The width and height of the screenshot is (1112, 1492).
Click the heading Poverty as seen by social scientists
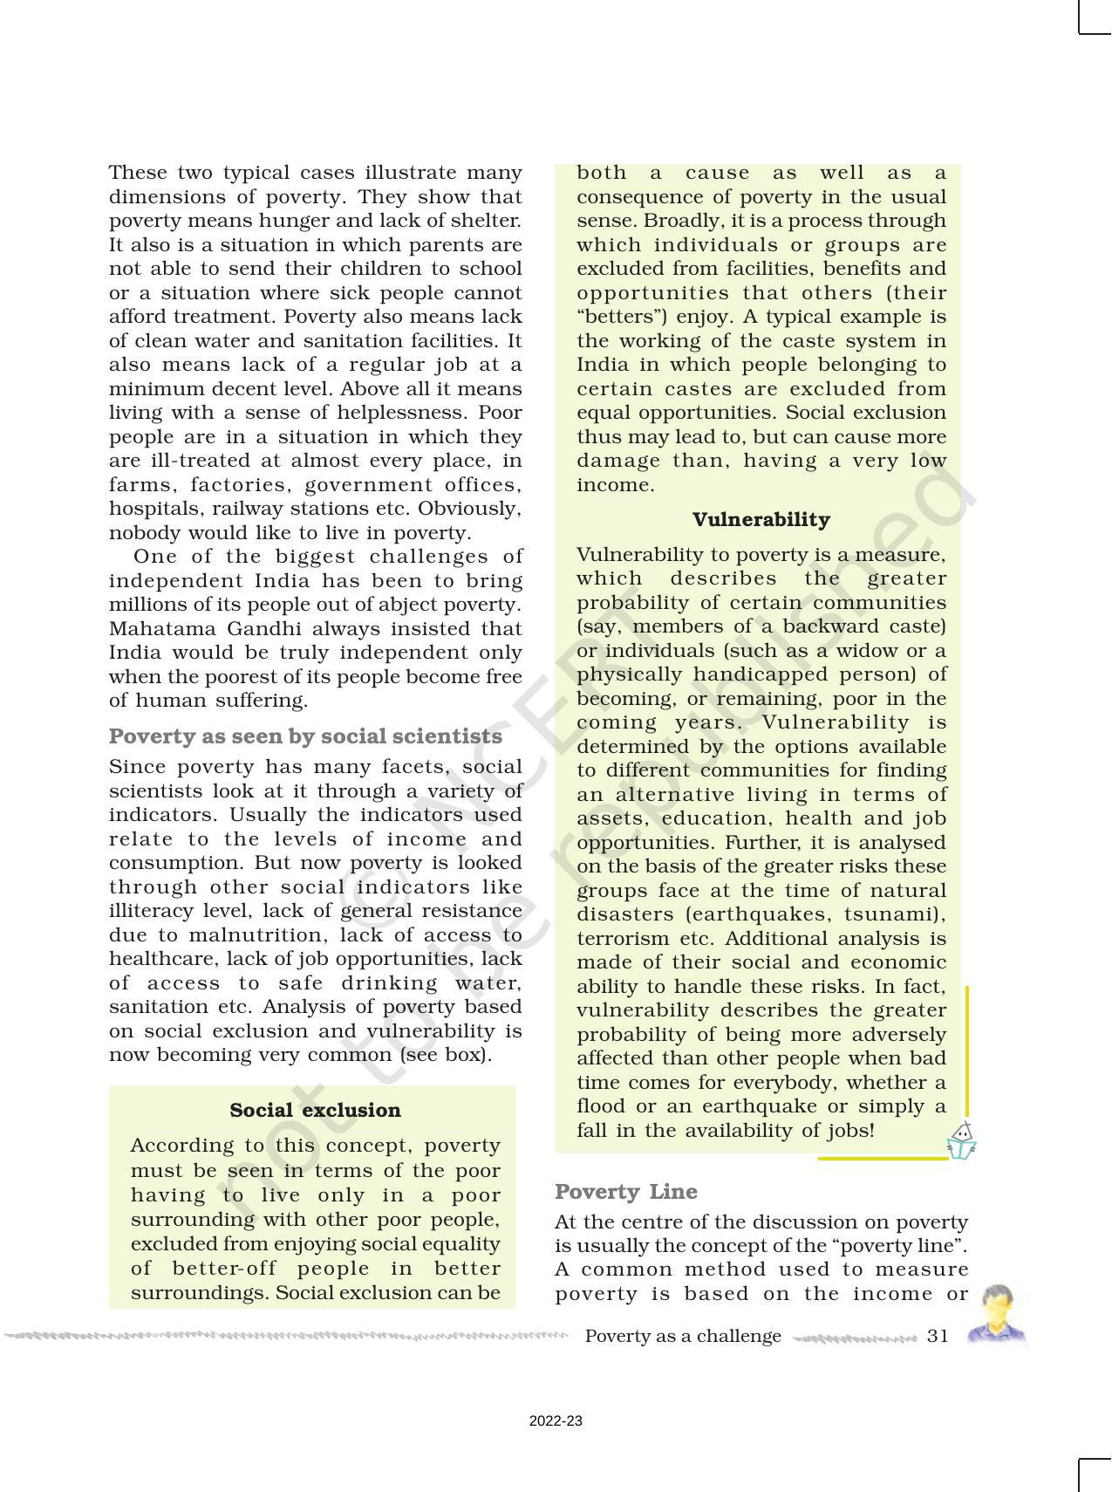[305, 736]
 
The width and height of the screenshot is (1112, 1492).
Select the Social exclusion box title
[315, 1110]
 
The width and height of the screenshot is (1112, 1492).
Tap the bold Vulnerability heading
[761, 519]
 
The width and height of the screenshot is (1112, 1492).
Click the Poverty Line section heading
[625, 1191]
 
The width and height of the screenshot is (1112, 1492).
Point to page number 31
[938, 1336]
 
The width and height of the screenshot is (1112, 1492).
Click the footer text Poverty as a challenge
[683, 1336]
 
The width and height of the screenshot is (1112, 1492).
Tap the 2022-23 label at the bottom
[556, 1421]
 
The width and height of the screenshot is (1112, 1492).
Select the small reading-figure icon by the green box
[961, 1140]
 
